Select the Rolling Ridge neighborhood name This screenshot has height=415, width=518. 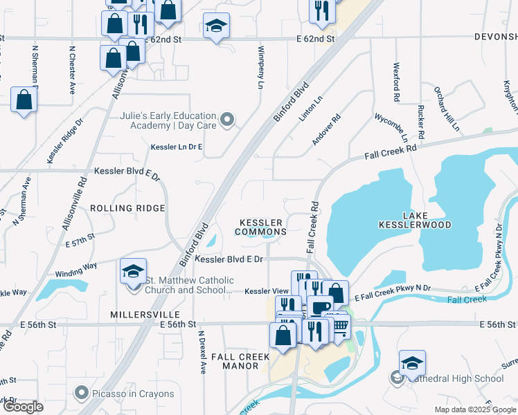click(x=127, y=208)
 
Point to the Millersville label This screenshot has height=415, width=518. click(x=135, y=315)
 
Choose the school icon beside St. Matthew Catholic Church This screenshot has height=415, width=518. click(x=133, y=272)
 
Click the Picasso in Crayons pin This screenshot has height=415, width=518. click(x=82, y=394)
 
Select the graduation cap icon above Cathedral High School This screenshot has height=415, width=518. click(x=412, y=363)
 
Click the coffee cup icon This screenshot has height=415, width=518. click(x=321, y=307)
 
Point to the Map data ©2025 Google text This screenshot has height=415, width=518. click(x=474, y=409)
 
